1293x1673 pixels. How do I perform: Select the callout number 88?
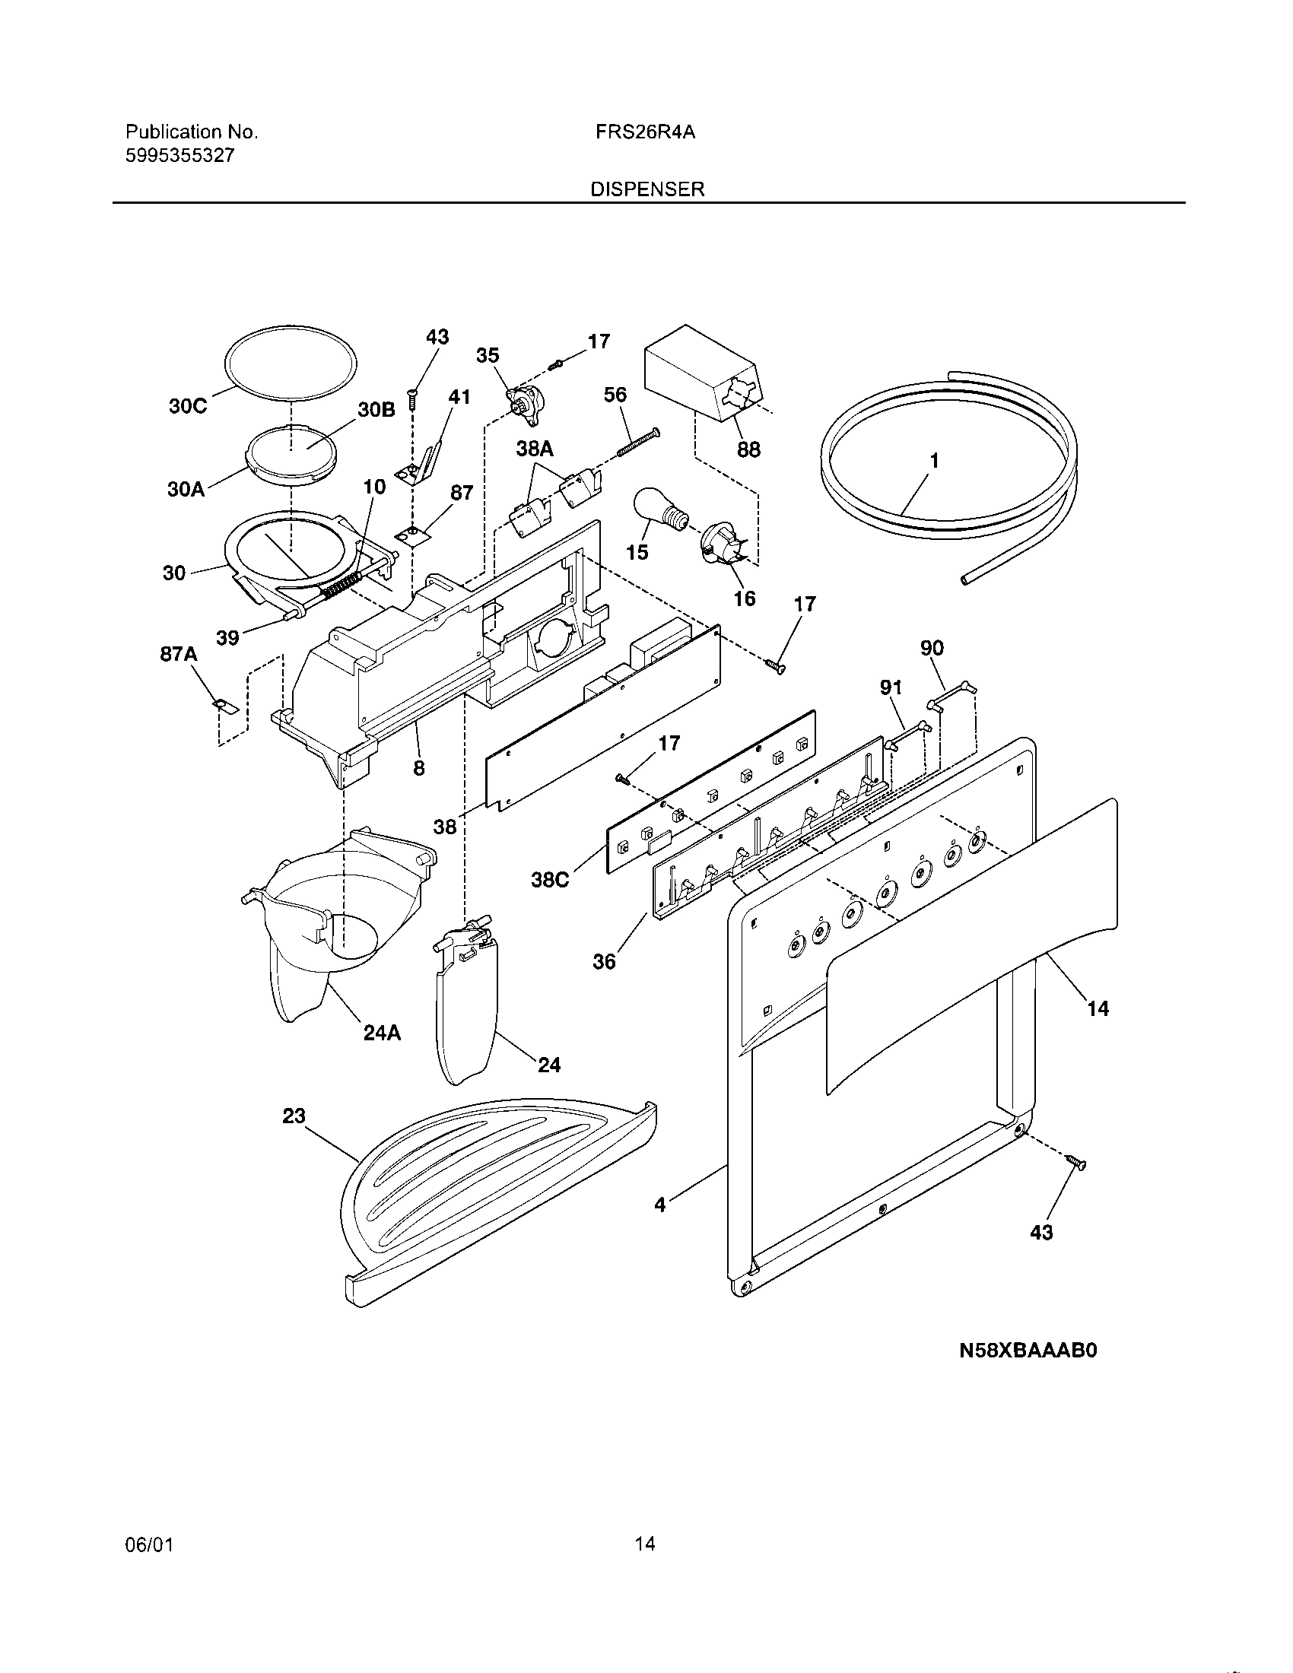pyautogui.click(x=748, y=449)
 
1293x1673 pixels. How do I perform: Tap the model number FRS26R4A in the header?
pyautogui.click(x=645, y=132)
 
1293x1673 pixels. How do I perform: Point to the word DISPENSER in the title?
pyautogui.click(x=647, y=189)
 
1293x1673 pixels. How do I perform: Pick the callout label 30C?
pyautogui.click(x=188, y=406)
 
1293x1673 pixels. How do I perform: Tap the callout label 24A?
pyautogui.click(x=382, y=1033)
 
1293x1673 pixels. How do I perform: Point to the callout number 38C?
pyautogui.click(x=550, y=880)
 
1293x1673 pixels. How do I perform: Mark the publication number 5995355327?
pyautogui.click(x=180, y=155)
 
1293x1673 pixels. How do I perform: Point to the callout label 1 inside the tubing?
pyautogui.click(x=934, y=460)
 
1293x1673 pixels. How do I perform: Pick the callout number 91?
pyautogui.click(x=891, y=688)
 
